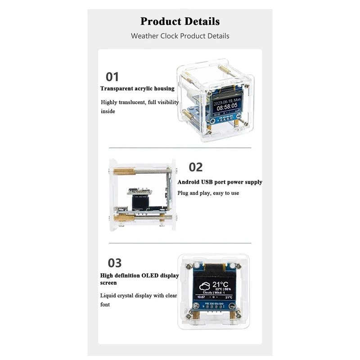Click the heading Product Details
[180, 21]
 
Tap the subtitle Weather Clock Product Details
[180, 36]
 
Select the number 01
[112, 76]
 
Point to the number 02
[195, 167]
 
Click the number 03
[115, 263]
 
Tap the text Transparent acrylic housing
[137, 89]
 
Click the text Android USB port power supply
[220, 182]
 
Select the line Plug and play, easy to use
[208, 193]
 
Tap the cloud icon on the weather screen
[204, 287]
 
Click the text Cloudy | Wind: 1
[214, 292]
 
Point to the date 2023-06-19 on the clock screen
[222, 102]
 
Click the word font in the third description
[105, 305]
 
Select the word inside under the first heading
[108, 111]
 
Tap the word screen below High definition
[108, 283]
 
